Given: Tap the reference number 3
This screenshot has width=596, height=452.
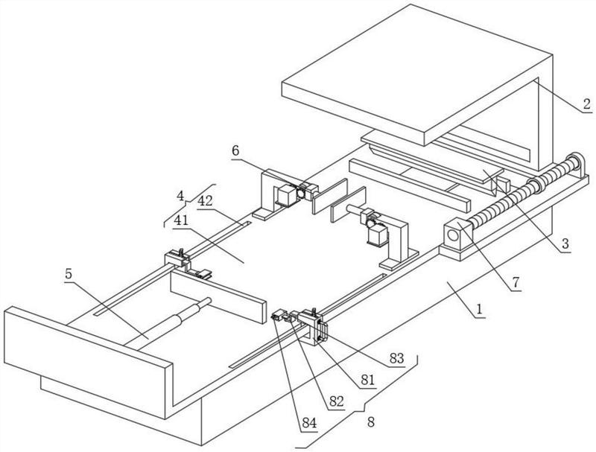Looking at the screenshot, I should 566,243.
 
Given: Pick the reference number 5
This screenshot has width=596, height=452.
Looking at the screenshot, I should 69,273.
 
